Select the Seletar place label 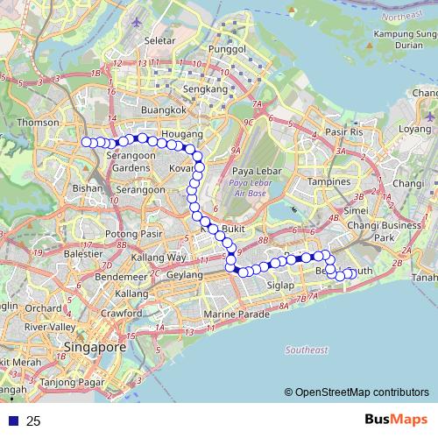pyautogui.click(x=158, y=41)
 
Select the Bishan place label pyautogui.click(x=88, y=187)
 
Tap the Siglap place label pyautogui.click(x=280, y=286)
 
